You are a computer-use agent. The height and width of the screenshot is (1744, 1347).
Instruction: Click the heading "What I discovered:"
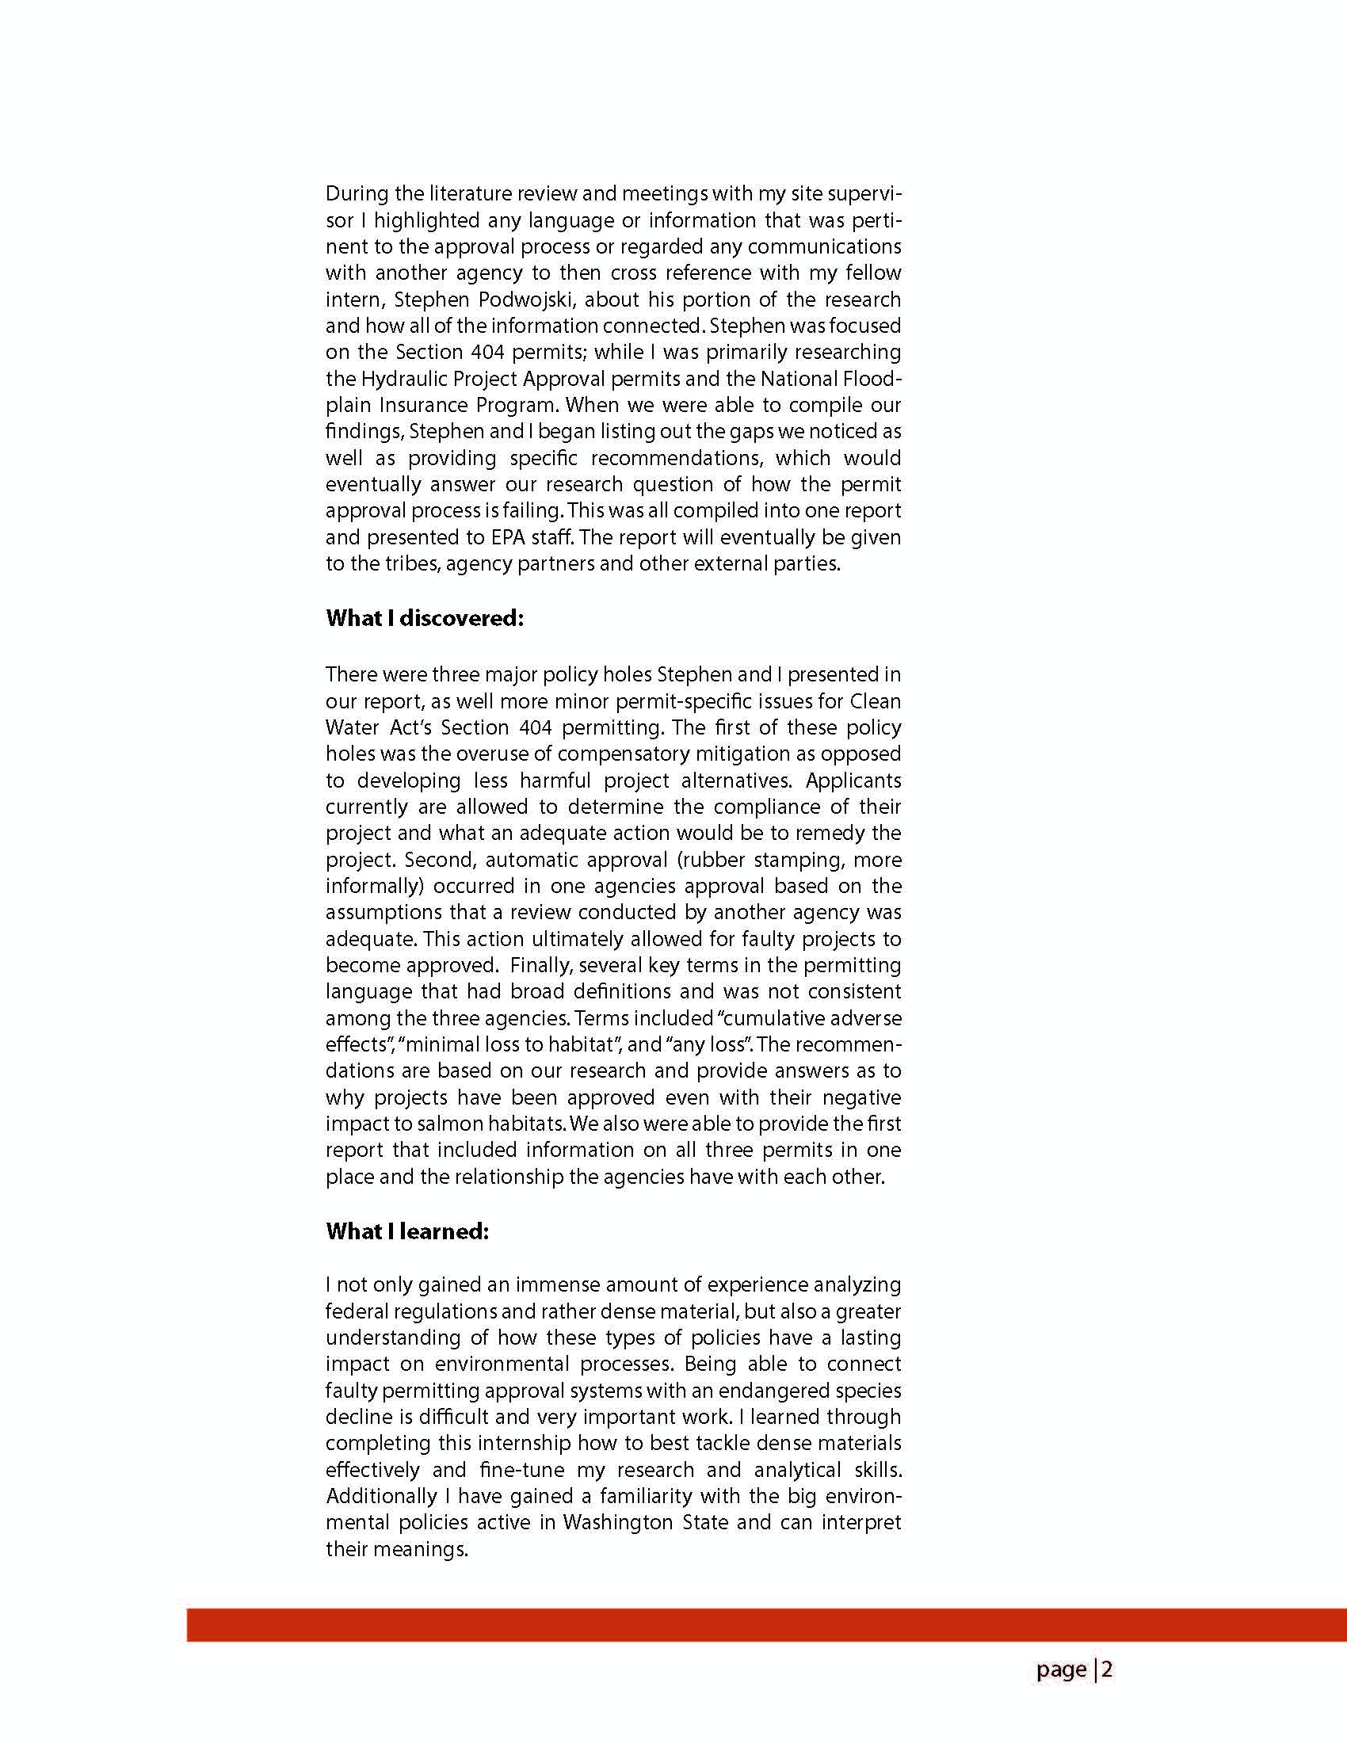[x=424, y=619]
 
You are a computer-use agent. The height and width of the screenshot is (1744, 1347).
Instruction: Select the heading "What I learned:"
[x=407, y=1231]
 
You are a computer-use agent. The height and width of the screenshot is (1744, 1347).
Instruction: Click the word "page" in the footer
[x=1061, y=1670]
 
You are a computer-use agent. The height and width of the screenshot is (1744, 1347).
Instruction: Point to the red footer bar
[x=766, y=1624]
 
